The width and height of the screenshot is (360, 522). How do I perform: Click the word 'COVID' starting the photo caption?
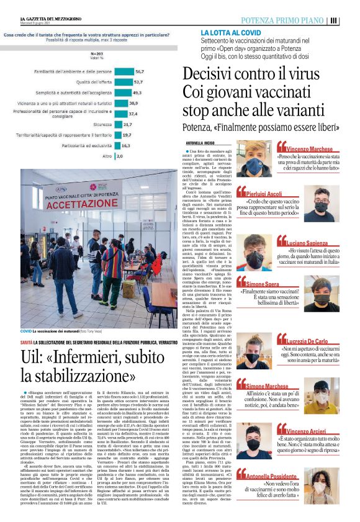click(x=26, y=333)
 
